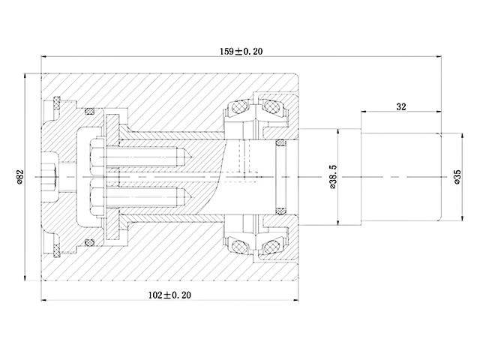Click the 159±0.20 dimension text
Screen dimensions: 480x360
coord(241,52)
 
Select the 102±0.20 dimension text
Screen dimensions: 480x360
coord(169,295)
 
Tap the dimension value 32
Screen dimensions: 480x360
coord(401,106)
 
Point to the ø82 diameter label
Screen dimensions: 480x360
coord(20,177)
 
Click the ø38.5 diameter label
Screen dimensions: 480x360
coord(333,177)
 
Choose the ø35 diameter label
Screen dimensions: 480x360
coord(457,177)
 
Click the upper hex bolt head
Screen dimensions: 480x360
coord(97,157)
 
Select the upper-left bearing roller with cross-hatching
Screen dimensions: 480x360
coord(239,107)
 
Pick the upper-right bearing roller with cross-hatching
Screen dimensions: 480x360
coord(271,107)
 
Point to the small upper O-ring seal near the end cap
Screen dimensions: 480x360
coord(89,112)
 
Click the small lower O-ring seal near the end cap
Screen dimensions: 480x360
coord(89,242)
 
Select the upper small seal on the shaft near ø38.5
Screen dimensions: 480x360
coord(281,142)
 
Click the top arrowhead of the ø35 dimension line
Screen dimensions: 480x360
coord(462,136)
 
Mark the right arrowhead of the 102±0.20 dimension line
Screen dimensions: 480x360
coord(295,300)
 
